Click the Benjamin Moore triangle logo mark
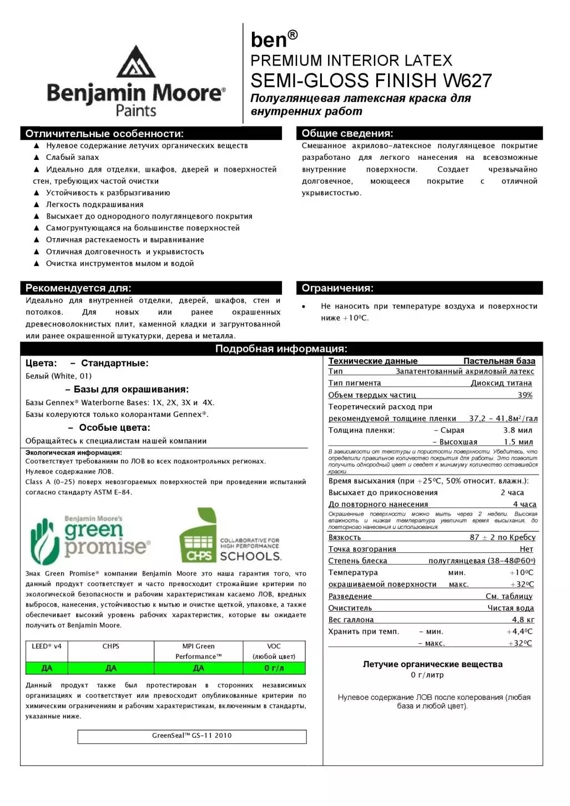pos(135,62)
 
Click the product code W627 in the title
pos(467,81)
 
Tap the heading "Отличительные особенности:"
pos(104,134)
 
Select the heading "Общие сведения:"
pos(347,133)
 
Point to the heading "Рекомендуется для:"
pos(78,288)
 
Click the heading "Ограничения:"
pos(337,288)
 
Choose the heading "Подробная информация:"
pos(281,349)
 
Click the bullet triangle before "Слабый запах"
pos(37,158)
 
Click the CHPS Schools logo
pos(230,536)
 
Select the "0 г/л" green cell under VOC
pos(274,668)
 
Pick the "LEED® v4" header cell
pos(47,646)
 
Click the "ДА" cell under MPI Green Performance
pos(199,668)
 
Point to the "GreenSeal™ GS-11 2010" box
pos(192,736)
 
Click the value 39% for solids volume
pos(524,395)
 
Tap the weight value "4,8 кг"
pos(523,620)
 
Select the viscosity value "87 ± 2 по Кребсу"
pos(502,537)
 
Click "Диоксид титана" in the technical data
pos(501,383)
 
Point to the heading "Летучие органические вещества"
pos(432,664)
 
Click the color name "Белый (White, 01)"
pos(58,376)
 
